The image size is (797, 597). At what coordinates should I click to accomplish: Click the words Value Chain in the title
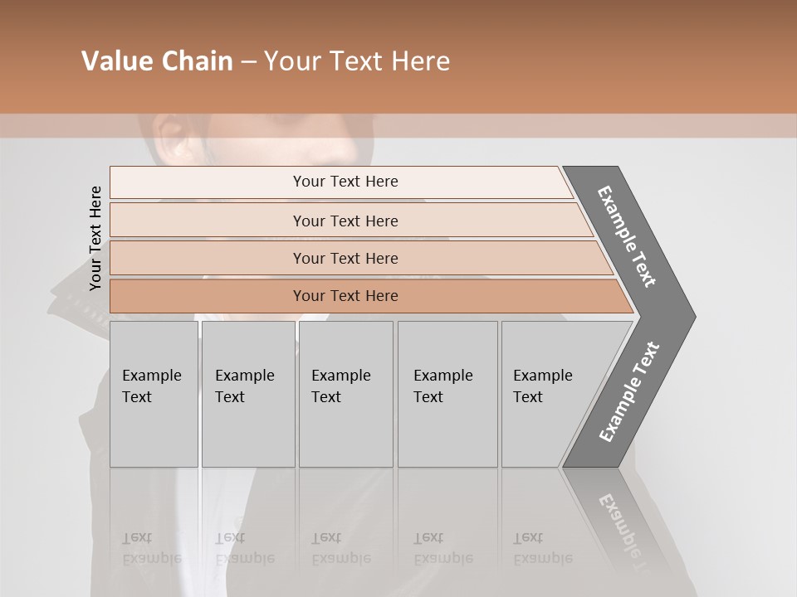(157, 61)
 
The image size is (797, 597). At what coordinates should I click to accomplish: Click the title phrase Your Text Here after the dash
(357, 61)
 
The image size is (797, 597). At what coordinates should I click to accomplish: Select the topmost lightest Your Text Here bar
(345, 182)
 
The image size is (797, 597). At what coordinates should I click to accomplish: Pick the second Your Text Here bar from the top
(345, 221)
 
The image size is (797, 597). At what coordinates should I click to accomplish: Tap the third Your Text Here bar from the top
(345, 258)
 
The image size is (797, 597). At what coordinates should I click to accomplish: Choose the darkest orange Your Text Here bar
(345, 296)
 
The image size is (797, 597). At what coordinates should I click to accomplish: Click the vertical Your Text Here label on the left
(95, 238)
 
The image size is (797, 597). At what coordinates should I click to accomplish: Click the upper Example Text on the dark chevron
(627, 236)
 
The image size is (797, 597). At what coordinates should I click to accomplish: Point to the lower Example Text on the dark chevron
(629, 392)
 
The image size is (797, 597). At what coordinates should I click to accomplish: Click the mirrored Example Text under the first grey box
(152, 548)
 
